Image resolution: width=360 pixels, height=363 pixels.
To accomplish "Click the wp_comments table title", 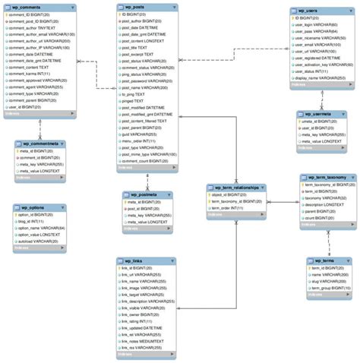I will [23, 7].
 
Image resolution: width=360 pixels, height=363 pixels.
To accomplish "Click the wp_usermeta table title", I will [315, 114].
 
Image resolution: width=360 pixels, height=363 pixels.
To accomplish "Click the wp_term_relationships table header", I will [235, 187].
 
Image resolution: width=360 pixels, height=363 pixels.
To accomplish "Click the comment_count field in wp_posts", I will [143, 161].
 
